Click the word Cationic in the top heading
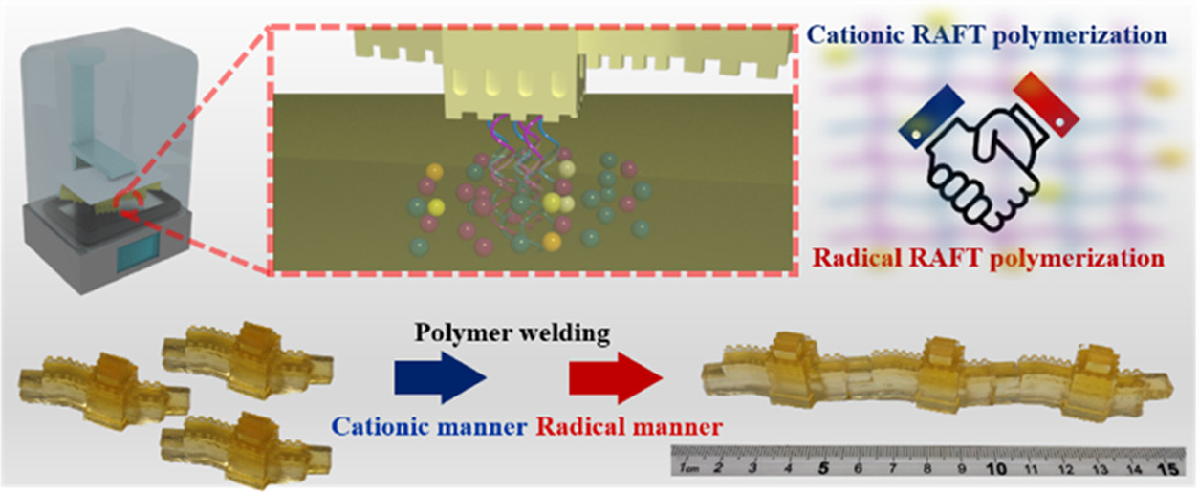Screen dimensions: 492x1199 click(x=853, y=36)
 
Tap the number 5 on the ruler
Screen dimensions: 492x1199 click(x=823, y=469)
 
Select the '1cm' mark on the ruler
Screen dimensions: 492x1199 click(x=687, y=471)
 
